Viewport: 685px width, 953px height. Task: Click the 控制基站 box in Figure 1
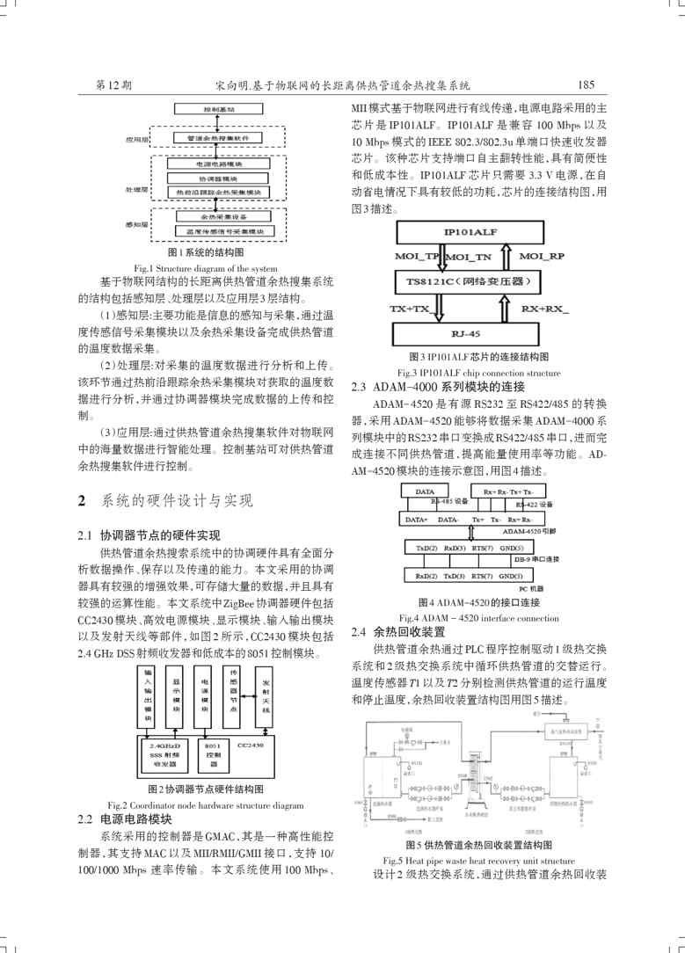[217, 110]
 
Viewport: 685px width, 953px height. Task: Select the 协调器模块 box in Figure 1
[217, 178]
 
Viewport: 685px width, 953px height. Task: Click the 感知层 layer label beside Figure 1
[136, 225]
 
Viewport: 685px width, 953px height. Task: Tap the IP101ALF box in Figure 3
[472, 233]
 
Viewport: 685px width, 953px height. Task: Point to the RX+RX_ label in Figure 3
[545, 309]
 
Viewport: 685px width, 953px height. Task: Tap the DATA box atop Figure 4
[425, 491]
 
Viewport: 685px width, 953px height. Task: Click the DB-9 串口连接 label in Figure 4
[536, 559]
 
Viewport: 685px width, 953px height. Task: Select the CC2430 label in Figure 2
[251, 745]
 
